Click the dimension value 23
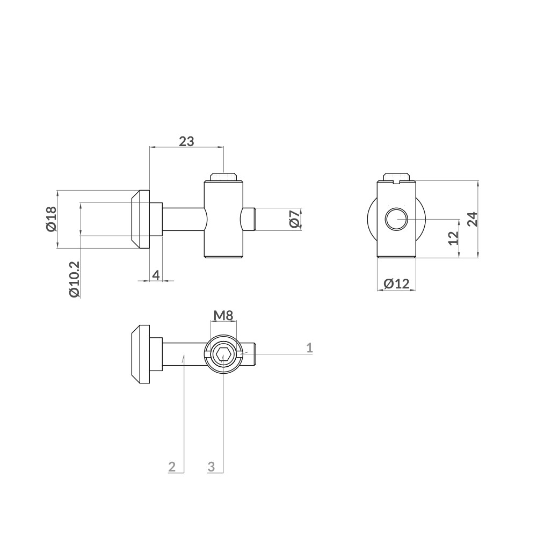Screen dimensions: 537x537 click(x=186, y=141)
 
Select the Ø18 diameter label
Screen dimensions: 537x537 click(x=51, y=219)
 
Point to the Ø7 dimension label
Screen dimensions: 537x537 click(x=294, y=219)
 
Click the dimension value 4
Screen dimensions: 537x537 click(x=156, y=275)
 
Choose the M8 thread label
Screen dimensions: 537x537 click(x=223, y=315)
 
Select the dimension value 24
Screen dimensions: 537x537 click(x=471, y=219)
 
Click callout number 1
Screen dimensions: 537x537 click(x=309, y=347)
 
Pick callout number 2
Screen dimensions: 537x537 click(x=172, y=466)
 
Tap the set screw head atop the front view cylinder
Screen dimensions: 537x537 click(x=224, y=177)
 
